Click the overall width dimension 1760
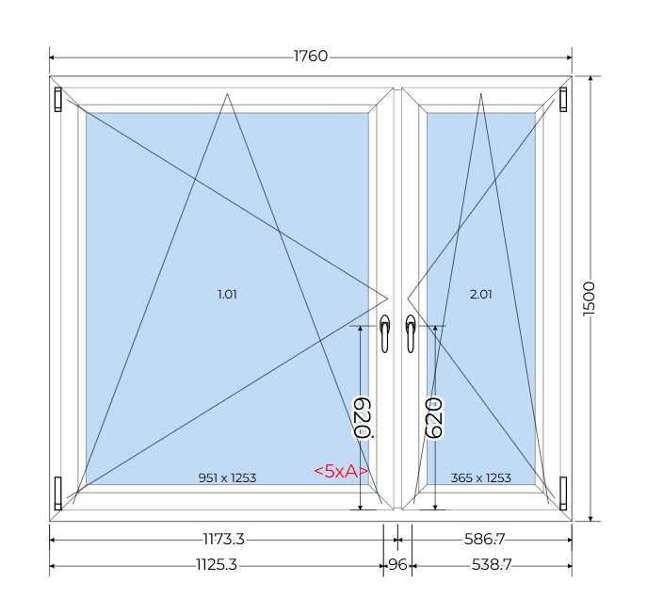[310, 57]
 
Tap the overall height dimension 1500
[590, 298]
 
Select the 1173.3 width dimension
[223, 540]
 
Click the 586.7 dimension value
[485, 540]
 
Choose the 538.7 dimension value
[485, 565]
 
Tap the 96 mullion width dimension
[396, 565]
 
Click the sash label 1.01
[227, 294]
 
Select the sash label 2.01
[480, 294]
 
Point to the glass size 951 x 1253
[227, 477]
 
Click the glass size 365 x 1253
[480, 477]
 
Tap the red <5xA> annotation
[340, 471]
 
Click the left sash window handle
[385, 333]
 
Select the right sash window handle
[411, 333]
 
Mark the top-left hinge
[58, 99]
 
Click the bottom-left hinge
[58, 490]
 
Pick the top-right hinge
[564, 99]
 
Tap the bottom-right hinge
[564, 490]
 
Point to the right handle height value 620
[434, 417]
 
